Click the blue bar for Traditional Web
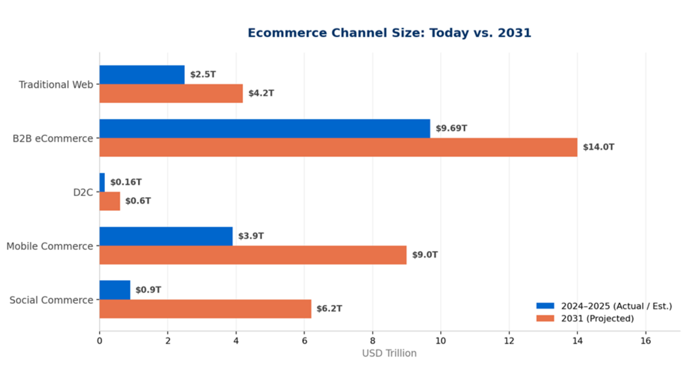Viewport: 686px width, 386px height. [x=142, y=74]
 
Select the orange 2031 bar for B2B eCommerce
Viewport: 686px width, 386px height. [x=338, y=147]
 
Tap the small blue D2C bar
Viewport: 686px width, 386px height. [x=102, y=182]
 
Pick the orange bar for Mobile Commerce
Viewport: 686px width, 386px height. [x=253, y=255]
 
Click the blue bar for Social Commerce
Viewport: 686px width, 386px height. [x=115, y=290]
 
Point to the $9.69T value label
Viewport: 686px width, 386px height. [x=451, y=128]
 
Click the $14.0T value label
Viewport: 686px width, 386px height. [x=598, y=147]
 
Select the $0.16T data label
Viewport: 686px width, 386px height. [x=126, y=182]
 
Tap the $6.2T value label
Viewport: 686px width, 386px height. [x=329, y=308]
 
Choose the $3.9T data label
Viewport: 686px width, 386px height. [x=251, y=236]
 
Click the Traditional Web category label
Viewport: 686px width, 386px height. [x=56, y=85]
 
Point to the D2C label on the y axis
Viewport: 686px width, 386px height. [x=83, y=192]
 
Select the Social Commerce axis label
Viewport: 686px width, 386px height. [x=51, y=300]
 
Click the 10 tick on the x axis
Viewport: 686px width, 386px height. [x=441, y=341]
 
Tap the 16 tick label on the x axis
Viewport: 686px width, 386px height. [x=646, y=341]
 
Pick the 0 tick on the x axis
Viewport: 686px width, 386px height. [x=100, y=341]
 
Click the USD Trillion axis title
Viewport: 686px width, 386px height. [x=389, y=354]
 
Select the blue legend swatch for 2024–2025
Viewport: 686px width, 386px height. [x=545, y=306]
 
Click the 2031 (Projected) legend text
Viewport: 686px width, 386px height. [x=597, y=319]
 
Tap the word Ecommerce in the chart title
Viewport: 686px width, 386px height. [x=287, y=33]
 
